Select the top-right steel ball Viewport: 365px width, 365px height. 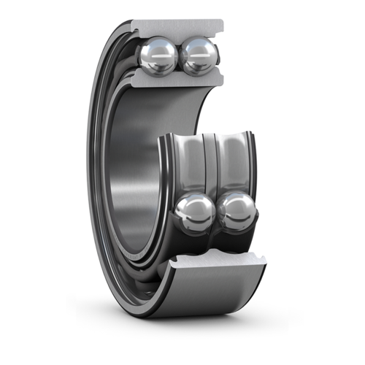pos(199,56)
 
